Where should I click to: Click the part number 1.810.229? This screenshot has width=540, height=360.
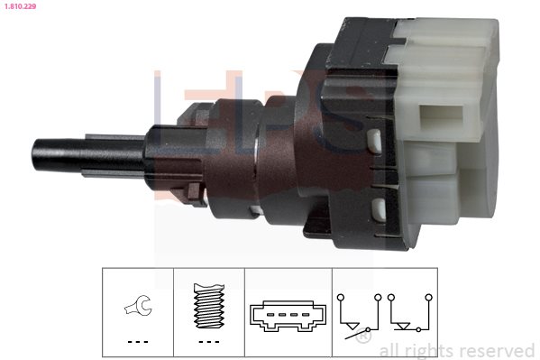(20, 6)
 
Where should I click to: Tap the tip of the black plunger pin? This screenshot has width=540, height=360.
(33, 155)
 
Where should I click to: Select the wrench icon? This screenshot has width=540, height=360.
(138, 306)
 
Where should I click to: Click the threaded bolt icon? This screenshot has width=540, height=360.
(209, 306)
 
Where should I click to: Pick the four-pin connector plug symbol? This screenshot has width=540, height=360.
(288, 316)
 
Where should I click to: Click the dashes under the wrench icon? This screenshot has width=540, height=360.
(138, 342)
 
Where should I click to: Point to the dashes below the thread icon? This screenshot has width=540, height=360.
(209, 342)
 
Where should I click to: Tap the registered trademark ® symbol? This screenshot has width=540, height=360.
(363, 336)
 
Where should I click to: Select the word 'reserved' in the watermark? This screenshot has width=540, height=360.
(498, 350)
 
